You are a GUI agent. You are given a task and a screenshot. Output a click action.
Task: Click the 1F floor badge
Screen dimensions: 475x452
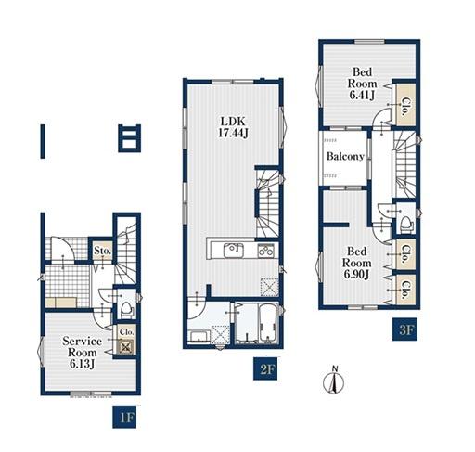click(124, 419)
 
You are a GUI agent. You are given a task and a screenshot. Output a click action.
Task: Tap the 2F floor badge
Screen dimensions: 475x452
click(265, 369)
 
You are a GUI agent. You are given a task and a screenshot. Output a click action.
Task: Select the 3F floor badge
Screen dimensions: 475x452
click(404, 329)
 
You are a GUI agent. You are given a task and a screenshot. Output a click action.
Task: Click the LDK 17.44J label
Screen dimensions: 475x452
click(233, 127)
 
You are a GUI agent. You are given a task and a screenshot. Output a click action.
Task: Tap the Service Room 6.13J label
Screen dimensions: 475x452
click(82, 353)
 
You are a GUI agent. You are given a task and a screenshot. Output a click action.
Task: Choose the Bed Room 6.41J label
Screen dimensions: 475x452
click(362, 84)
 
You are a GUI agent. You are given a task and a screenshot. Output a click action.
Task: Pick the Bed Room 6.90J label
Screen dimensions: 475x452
click(356, 263)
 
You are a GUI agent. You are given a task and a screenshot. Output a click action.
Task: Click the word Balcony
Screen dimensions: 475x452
click(345, 156)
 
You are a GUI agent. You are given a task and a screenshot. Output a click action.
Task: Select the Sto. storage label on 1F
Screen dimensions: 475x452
click(103, 251)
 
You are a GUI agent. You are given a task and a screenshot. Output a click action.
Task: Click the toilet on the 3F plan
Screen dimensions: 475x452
click(406, 224)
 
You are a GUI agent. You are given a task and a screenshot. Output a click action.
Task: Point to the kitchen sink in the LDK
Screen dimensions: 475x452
click(234, 250)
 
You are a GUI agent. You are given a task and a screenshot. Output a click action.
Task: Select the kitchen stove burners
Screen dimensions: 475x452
click(266, 250)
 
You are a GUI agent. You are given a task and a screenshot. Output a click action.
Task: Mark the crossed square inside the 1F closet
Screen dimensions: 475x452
click(126, 347)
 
